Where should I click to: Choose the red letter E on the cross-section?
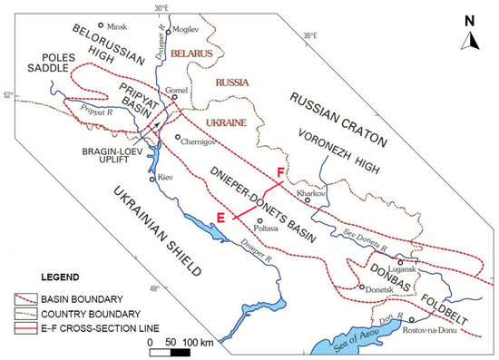[x=220, y=216]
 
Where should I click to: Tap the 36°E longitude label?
[x=308, y=36]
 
